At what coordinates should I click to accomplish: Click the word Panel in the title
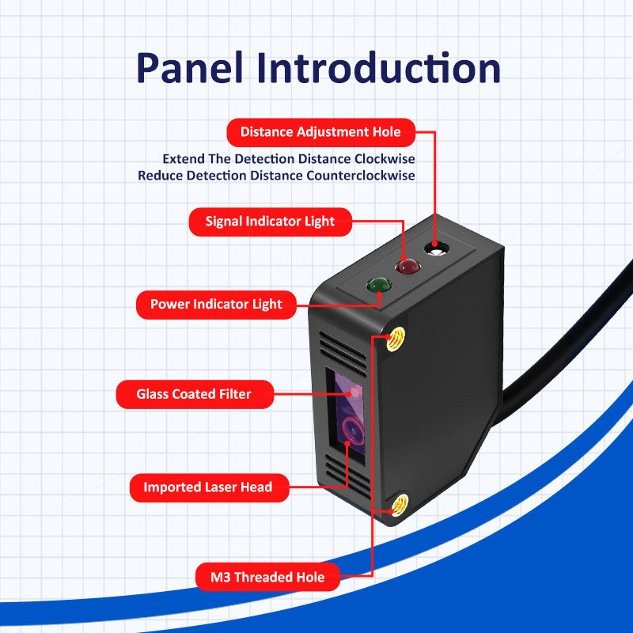(190, 68)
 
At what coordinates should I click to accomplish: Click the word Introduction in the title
(379, 67)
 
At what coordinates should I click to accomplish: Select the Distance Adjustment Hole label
(321, 132)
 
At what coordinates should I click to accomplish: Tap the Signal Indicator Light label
(270, 222)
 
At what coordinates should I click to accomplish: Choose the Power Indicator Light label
(216, 305)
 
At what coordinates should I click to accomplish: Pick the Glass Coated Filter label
(195, 394)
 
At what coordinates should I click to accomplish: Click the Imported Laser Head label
(209, 487)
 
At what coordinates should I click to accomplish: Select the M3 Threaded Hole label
(267, 577)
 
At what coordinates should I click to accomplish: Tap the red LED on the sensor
(407, 267)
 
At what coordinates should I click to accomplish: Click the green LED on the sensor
(379, 285)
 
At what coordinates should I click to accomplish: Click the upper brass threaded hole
(396, 339)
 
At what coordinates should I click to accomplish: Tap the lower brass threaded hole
(400, 505)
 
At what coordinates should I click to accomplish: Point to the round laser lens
(352, 430)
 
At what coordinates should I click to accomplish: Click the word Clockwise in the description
(385, 159)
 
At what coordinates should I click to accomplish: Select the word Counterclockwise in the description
(361, 176)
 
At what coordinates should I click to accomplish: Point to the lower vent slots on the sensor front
(348, 476)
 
